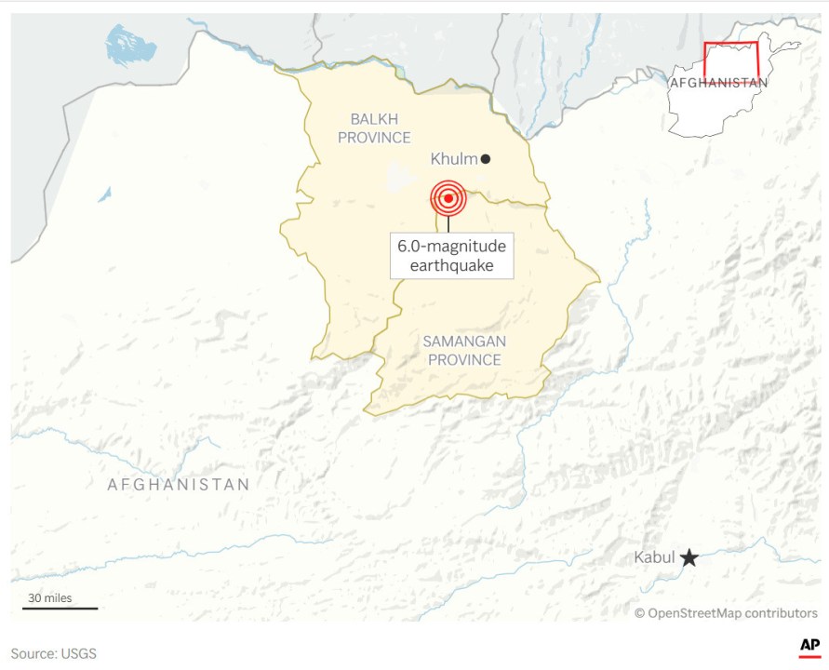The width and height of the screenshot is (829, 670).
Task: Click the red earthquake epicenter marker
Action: (448, 197)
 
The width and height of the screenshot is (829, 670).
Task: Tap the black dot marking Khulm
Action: (486, 159)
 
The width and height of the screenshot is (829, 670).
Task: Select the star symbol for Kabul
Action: (689, 557)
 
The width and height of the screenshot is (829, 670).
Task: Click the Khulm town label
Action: (453, 159)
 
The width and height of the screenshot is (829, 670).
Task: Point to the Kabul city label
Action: (654, 557)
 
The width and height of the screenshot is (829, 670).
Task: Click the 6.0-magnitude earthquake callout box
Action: (452, 256)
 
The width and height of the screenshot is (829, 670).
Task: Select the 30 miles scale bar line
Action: (60, 609)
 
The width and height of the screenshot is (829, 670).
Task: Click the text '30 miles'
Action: (50, 597)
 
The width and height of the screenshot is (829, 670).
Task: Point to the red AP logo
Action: (809, 647)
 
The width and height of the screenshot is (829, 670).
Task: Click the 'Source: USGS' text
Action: (54, 653)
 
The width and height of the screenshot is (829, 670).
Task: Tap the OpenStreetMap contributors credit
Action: (727, 612)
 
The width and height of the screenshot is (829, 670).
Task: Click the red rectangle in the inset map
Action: (730, 62)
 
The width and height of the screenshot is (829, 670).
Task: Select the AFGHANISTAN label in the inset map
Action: (718, 82)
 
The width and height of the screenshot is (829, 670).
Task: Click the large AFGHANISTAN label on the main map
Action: (179, 485)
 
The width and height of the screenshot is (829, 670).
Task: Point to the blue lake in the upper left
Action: (129, 46)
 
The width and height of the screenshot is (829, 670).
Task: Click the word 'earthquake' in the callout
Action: (452, 266)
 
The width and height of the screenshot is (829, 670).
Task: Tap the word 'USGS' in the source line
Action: (78, 653)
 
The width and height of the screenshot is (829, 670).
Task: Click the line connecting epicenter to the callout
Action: (448, 223)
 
